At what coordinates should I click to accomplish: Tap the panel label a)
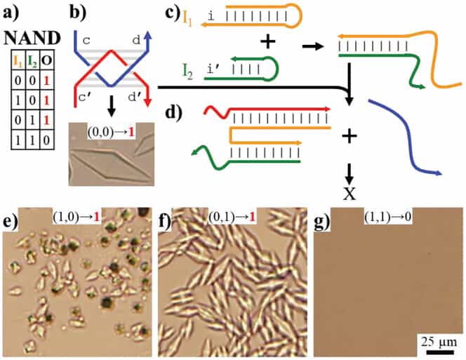point(12,13)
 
